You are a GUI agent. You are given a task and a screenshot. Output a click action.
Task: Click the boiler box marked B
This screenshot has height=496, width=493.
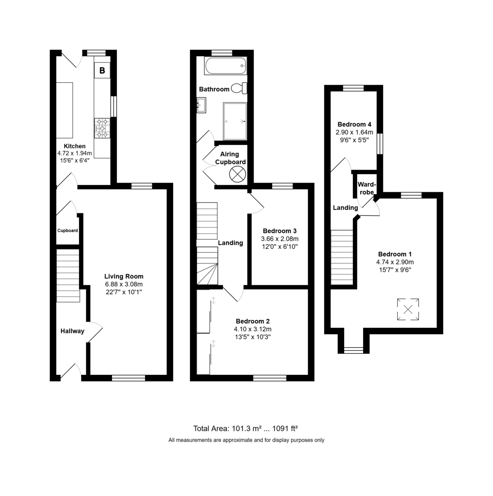point(102,70)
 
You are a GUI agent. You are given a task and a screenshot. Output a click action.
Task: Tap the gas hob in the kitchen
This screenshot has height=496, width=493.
point(102,128)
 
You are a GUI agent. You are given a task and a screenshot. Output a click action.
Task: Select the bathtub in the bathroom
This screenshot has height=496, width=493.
point(225,66)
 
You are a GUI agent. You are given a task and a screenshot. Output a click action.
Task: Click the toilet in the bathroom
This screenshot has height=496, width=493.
point(239,88)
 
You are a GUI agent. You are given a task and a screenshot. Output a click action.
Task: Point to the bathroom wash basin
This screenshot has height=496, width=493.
point(201,105)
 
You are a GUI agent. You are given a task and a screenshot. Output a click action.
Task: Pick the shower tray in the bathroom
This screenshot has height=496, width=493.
point(235,121)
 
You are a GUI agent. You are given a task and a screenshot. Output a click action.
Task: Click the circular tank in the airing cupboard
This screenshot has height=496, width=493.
point(237,174)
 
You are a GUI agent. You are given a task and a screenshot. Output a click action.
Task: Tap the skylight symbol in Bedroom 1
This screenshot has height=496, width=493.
point(408,309)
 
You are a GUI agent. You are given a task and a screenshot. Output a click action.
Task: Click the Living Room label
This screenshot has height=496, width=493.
point(124,276)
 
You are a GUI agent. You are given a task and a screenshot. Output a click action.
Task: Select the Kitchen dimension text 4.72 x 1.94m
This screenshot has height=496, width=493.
point(74,153)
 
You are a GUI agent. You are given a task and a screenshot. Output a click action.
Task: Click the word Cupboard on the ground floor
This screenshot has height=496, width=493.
point(67,230)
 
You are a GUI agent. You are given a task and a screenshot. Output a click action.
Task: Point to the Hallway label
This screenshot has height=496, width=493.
point(72,331)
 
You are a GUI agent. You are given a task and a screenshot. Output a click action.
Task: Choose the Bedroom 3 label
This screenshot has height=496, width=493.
point(280,231)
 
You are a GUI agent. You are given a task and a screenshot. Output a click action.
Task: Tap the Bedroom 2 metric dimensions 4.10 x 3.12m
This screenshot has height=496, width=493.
point(253,329)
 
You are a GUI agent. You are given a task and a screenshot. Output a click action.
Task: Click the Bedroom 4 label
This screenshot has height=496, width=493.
point(354,124)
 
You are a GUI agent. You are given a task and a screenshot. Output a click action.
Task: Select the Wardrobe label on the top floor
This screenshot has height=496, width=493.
point(367,188)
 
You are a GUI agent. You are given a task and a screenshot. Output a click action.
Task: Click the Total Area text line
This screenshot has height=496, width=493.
point(246,429)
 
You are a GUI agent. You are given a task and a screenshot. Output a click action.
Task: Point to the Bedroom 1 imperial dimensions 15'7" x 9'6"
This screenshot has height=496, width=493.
point(395,270)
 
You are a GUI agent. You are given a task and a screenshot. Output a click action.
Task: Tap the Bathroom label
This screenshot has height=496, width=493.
point(214,89)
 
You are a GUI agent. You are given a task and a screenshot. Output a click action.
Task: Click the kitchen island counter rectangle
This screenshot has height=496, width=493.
point(65,110)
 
